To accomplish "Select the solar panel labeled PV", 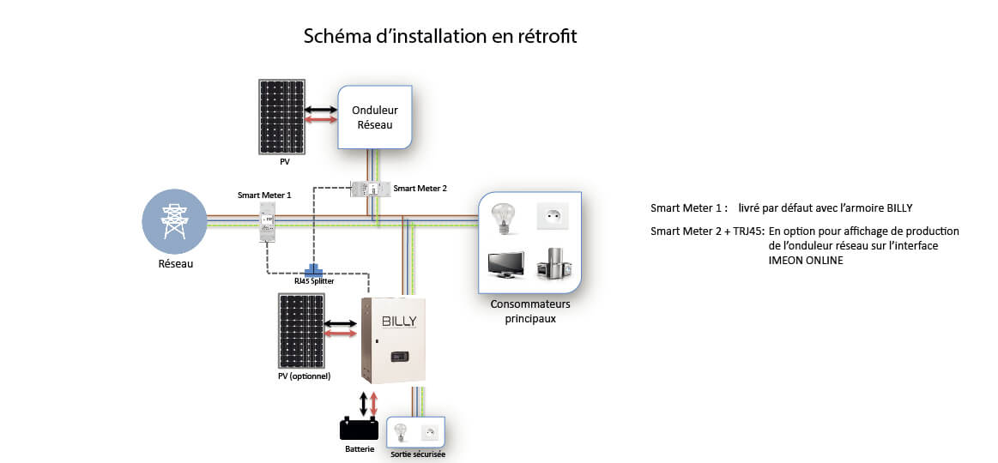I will point(283,117).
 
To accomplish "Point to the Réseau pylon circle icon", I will point(174,221).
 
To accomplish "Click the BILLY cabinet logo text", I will point(397,321).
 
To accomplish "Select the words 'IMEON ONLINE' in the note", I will point(805,261).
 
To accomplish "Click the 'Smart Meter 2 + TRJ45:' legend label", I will point(706,231).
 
